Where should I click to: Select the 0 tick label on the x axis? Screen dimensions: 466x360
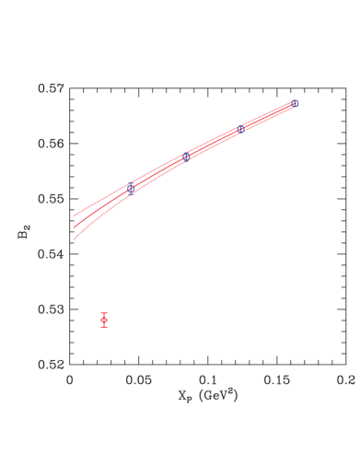click(x=70, y=378)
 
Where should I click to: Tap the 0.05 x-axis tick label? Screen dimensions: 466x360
click(x=138, y=378)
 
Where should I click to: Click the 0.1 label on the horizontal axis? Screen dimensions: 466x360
click(x=208, y=378)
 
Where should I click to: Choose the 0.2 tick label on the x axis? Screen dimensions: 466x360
click(x=345, y=378)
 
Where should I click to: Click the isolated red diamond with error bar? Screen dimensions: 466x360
click(x=104, y=320)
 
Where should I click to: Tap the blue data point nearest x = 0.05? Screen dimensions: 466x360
click(x=131, y=188)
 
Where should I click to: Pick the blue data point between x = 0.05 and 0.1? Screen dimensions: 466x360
click(x=186, y=157)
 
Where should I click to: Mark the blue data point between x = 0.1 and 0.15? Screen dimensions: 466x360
click(x=241, y=129)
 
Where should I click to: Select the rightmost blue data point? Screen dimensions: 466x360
click(x=295, y=103)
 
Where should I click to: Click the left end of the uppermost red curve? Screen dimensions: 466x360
click(x=74, y=216)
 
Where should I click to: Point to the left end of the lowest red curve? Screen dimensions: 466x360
click(x=74, y=239)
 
